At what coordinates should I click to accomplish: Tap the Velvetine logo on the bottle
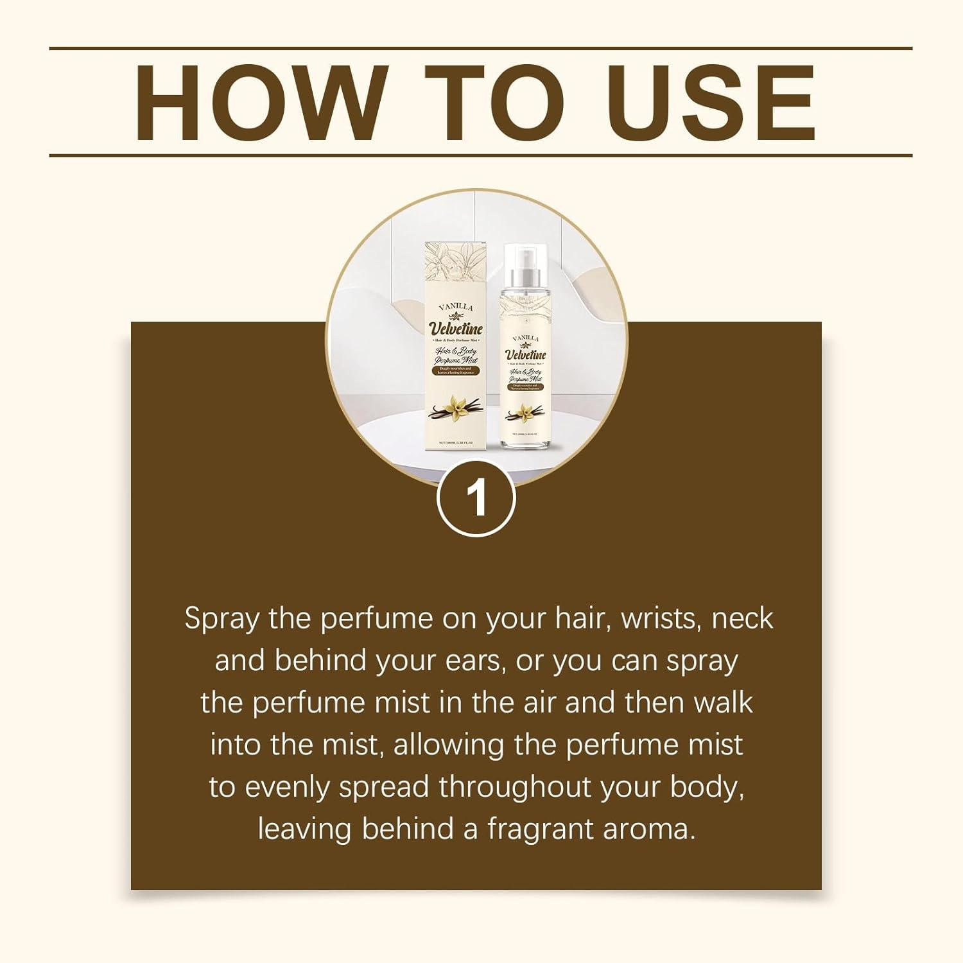pos(526,354)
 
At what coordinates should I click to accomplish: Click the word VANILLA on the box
pos(456,308)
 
